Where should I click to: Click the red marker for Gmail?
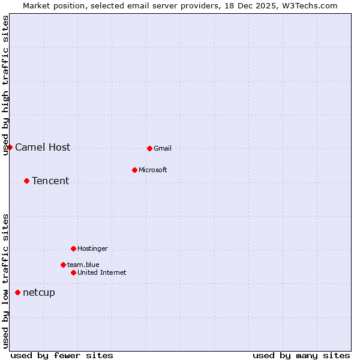tap(149, 148)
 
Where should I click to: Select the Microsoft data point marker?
tap(134, 170)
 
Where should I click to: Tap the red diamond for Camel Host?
tap(10, 147)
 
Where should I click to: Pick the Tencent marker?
tap(26, 181)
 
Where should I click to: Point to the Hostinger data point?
tap(73, 248)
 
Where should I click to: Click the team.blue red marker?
tap(63, 265)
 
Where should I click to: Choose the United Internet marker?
tap(73, 272)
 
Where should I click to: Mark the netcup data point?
tap(17, 292)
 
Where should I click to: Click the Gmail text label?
tap(163, 148)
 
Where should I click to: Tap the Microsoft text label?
tap(153, 170)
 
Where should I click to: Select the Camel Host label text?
tap(43, 147)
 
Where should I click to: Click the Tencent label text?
tap(50, 181)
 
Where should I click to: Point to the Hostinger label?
tap(92, 248)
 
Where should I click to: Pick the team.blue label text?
tap(83, 265)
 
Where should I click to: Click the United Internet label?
tap(102, 272)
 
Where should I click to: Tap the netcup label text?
tap(39, 292)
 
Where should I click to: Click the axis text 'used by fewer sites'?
tap(62, 355)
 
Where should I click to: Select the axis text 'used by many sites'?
tap(301, 355)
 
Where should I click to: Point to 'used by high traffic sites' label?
tap(5, 85)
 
